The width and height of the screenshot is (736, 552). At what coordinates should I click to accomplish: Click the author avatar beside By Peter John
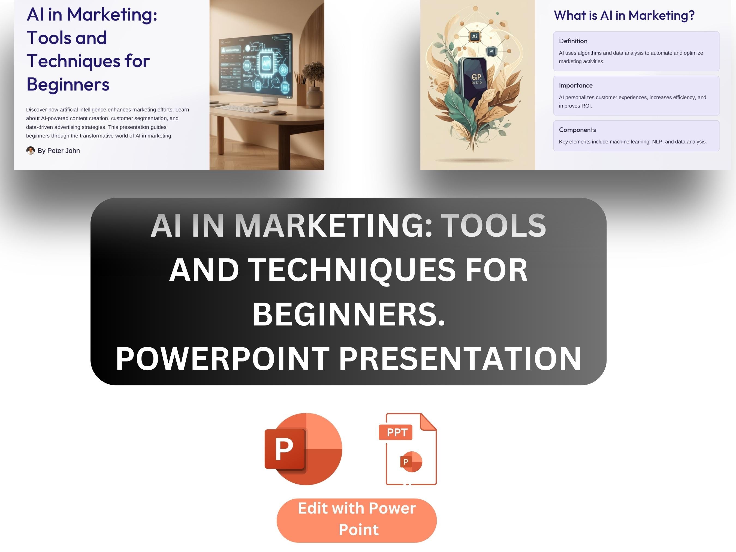coord(30,151)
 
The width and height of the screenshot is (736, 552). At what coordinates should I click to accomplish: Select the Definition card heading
coord(573,41)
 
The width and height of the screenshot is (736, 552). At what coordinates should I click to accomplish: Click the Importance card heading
coord(576,86)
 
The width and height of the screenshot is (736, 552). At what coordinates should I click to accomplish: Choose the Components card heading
coord(577,130)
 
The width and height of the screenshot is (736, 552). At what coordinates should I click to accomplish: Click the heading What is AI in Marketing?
coord(624,15)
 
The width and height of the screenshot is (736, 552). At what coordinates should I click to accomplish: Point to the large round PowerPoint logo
coord(303,449)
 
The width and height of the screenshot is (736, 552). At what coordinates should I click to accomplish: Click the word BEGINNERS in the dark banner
coord(348,314)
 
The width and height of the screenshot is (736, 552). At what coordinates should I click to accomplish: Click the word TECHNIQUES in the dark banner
coord(352,270)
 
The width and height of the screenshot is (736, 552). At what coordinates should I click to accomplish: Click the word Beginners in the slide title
coord(68,84)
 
